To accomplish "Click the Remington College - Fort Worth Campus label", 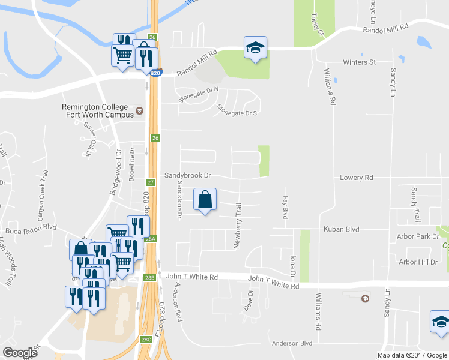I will (x=96, y=110).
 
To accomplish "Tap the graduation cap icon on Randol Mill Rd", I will (x=255, y=47).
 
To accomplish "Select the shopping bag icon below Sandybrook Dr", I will (x=205, y=200).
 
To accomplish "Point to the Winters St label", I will (x=359, y=62).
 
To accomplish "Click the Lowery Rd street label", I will (x=356, y=178).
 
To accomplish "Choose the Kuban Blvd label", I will (x=341, y=229).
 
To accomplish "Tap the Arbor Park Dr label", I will (x=418, y=236).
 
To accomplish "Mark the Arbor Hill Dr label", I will (x=418, y=262).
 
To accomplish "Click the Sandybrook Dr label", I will (x=188, y=175).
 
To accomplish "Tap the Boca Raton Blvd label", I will (x=31, y=229).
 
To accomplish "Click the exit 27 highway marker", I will (x=151, y=182).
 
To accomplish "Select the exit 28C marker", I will (x=146, y=339).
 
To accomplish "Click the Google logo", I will (x=20, y=353).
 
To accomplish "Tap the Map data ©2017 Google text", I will (x=412, y=355).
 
